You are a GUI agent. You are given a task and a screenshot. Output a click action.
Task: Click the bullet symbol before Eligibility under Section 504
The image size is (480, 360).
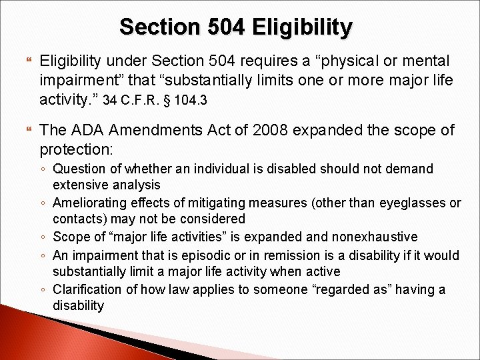(x=27, y=61)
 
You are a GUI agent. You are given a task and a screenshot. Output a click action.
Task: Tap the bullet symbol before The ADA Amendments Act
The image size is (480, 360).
(x=27, y=130)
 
